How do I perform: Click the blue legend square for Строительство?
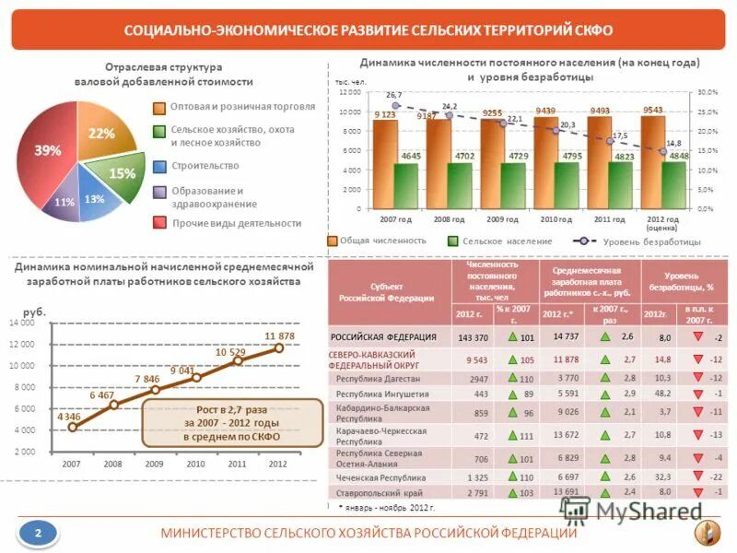(x=159, y=166)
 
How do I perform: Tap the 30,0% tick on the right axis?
(x=708, y=93)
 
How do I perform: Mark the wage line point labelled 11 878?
(x=279, y=347)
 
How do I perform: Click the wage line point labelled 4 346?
(x=74, y=427)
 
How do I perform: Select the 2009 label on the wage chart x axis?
(x=154, y=464)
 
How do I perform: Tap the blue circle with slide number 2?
(x=38, y=532)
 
